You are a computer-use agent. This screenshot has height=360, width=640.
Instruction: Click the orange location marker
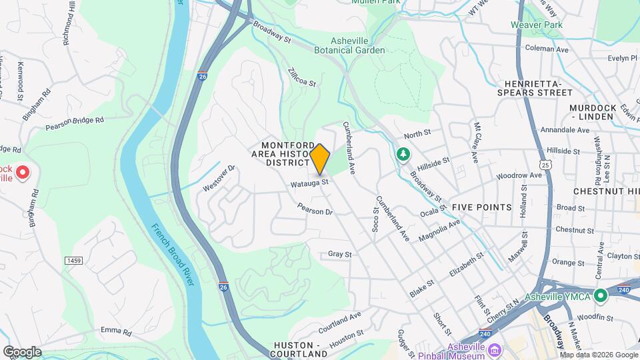click(x=320, y=159)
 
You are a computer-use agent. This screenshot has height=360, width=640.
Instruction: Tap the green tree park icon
click(x=403, y=155)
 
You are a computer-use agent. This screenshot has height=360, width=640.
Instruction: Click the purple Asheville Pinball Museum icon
click(x=494, y=350)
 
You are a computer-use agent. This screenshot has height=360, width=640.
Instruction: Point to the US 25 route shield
click(x=546, y=164)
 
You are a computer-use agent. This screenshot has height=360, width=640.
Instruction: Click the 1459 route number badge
click(x=73, y=259)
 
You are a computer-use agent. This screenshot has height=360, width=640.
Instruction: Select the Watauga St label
click(x=309, y=182)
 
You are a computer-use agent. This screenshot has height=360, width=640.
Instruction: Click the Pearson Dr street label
click(x=315, y=209)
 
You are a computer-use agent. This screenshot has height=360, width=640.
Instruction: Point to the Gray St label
click(x=339, y=254)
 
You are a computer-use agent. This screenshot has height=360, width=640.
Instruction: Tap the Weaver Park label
click(x=537, y=25)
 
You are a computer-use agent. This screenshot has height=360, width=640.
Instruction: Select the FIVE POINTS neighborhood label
click(x=482, y=207)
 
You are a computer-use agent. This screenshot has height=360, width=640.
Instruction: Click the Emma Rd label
click(x=116, y=331)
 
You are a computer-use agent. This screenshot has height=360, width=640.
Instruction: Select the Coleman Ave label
click(x=547, y=49)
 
